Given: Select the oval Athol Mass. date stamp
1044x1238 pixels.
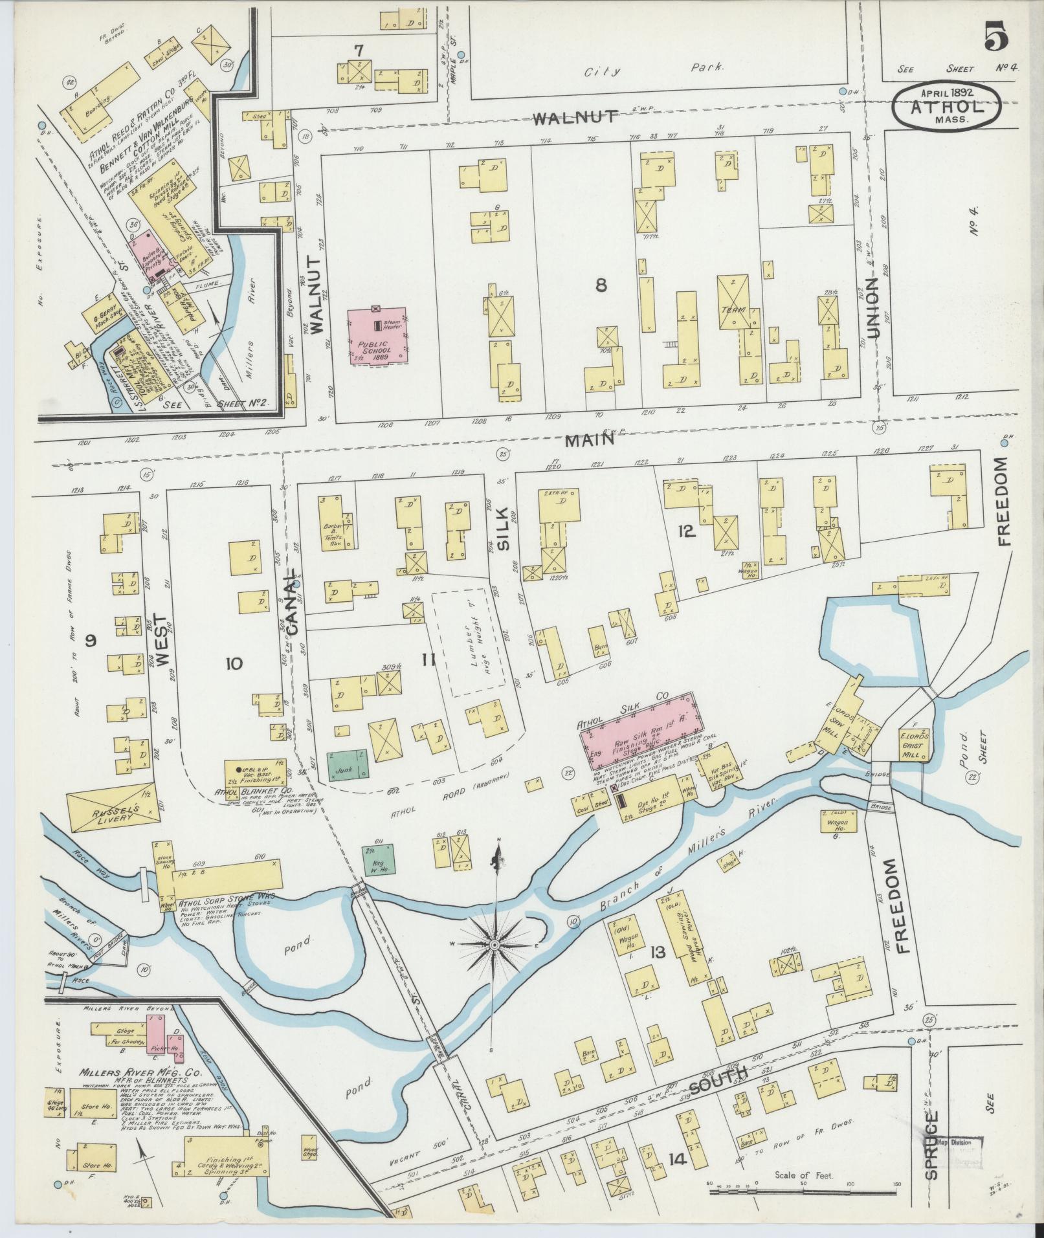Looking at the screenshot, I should point(946,107).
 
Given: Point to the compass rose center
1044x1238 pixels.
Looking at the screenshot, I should point(494,945).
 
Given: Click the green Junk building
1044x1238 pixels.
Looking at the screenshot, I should point(347,765).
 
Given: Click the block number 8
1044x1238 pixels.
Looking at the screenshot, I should point(601,285).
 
